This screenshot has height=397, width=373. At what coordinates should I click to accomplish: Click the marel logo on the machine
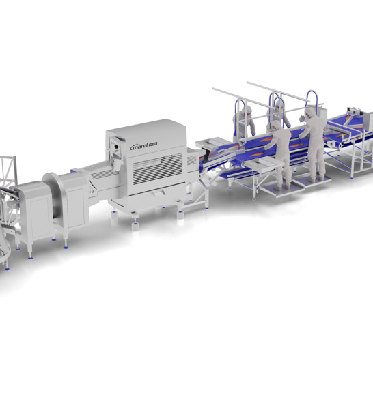click(141, 145)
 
